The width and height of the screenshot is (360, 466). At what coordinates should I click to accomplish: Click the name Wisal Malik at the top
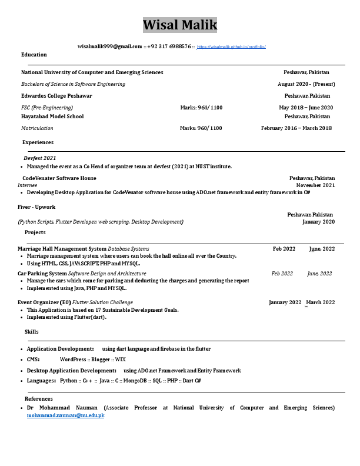180,25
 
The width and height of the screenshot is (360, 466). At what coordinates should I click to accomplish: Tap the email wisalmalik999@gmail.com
110,46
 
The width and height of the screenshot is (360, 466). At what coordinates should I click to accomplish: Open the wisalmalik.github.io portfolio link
231,46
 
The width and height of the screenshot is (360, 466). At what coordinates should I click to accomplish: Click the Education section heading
34,55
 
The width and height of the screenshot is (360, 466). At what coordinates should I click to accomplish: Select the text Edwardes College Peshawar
56,96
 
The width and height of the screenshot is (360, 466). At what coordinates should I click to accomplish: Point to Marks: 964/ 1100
201,108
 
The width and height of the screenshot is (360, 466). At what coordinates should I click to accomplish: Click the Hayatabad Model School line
52,116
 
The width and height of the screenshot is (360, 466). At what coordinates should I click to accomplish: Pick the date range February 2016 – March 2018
296,128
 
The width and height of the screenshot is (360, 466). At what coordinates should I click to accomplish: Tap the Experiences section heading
38,142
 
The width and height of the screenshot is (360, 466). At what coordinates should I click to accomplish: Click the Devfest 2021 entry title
40,158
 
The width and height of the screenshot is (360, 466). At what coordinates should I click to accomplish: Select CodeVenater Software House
59,178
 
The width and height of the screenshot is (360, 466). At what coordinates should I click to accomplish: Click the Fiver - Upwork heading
36,207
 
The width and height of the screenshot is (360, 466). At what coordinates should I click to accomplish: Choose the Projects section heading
35,232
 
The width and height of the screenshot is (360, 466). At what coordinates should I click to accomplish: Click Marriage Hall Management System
62,249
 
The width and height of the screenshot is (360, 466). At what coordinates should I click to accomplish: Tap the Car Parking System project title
42,274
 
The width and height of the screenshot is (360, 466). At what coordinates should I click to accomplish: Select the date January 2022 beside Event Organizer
285,302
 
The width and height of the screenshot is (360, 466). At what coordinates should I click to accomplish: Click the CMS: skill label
33,360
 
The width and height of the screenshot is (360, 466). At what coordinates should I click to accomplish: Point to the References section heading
39,399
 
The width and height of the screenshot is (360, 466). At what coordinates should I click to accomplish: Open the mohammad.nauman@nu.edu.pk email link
65,415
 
